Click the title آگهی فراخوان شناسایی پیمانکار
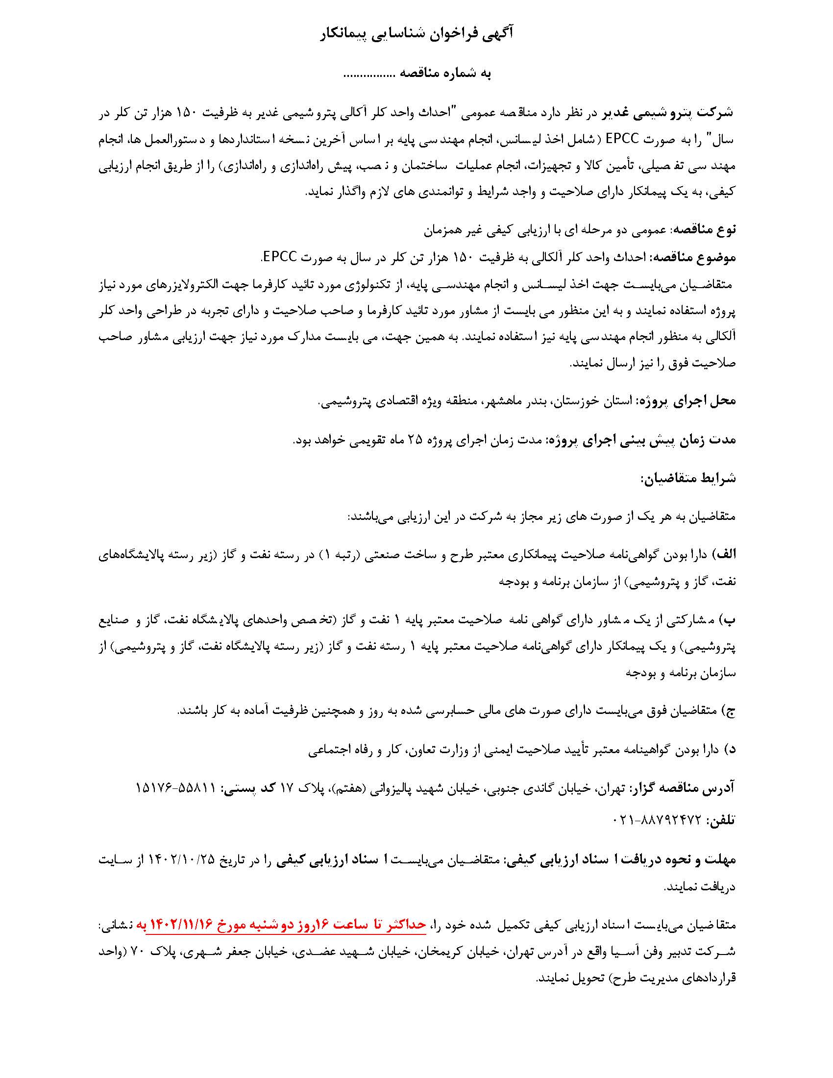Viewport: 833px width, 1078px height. coord(416,34)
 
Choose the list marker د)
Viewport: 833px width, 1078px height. coord(730,749)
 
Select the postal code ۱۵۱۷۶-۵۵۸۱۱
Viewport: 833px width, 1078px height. coord(176,788)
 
